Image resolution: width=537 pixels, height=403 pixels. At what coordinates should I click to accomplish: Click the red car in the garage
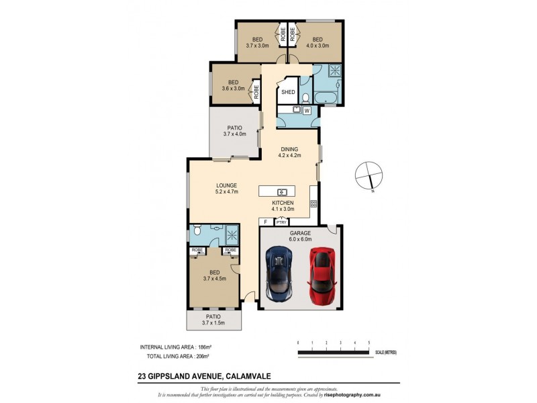coord(320,275)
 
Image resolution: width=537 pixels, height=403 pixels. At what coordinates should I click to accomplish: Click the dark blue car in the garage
coord(279,274)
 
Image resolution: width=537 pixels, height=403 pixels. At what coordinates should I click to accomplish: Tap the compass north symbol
coord(369,176)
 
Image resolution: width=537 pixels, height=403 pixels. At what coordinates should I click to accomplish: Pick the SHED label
coord(288,93)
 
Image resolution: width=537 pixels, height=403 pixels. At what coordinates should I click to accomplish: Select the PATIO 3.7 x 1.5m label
coord(213,320)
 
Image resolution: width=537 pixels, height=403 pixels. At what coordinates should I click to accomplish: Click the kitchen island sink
coord(283,192)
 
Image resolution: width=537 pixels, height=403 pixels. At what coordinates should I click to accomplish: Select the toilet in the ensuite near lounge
coord(196,232)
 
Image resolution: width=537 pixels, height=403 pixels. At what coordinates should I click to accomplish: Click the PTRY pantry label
coord(281,222)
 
